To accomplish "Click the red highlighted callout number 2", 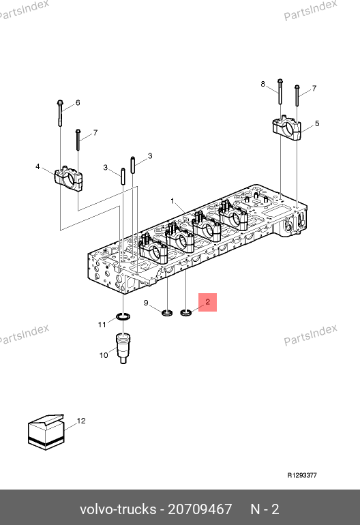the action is [208, 302].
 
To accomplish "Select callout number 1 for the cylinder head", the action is [172, 201].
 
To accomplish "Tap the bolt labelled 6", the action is [60, 112].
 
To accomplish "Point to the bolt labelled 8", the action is [280, 91].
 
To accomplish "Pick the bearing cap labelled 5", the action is [286, 127].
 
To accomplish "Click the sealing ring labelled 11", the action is [123, 316].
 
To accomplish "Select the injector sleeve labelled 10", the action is [123, 348].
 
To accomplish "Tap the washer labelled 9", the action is [167, 313].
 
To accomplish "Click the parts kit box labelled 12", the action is [46, 432].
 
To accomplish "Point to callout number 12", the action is [81, 421].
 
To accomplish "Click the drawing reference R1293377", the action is [302, 475].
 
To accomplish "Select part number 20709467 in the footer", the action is [200, 509].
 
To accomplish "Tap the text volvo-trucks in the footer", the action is [118, 509].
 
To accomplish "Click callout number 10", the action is [104, 355].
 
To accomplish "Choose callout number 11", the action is [102, 325].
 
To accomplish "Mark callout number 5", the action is [317, 123].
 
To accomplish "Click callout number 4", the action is [37, 166].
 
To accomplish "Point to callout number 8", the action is [263, 84].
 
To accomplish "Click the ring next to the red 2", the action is [186, 313].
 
